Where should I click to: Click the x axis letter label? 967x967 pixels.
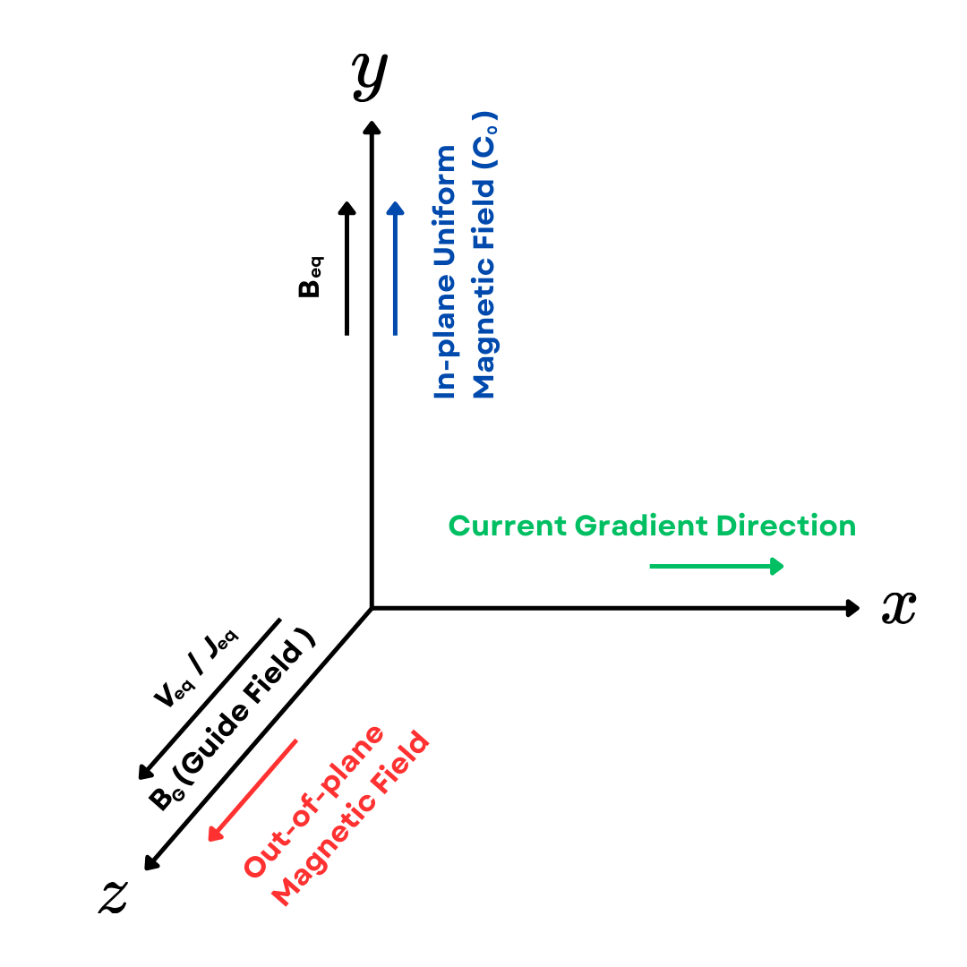pyautogui.click(x=898, y=608)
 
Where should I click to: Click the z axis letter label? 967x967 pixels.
pyautogui.click(x=113, y=895)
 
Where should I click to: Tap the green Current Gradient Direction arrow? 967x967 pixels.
pyautogui.click(x=716, y=566)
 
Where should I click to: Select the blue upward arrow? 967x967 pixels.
pyautogui.click(x=395, y=269)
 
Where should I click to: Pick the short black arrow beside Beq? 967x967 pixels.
pyautogui.click(x=347, y=269)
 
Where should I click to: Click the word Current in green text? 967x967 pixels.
pyautogui.click(x=509, y=526)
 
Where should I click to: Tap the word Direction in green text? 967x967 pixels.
pyautogui.click(x=792, y=526)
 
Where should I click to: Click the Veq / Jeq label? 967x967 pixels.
pyautogui.click(x=196, y=669)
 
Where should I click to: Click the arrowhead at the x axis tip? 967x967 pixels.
pyautogui.click(x=853, y=608)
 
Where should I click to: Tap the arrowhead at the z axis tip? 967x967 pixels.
pyautogui.click(x=150, y=863)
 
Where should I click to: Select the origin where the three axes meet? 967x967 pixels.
pyautogui.click(x=372, y=608)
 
